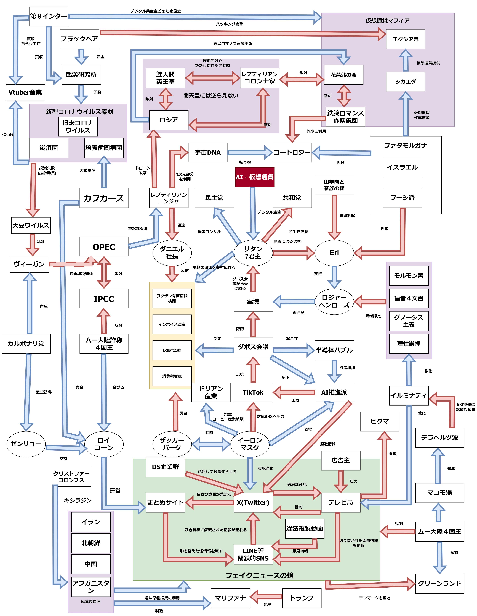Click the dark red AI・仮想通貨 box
[x=255, y=177]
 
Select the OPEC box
[x=104, y=247]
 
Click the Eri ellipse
[x=334, y=253]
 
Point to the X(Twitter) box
[x=253, y=502]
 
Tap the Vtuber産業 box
[x=25, y=92]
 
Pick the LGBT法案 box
[x=172, y=350]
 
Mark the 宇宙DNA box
[x=208, y=152]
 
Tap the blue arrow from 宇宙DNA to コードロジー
[x=250, y=152]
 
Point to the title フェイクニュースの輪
[x=260, y=575]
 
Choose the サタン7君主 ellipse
[x=253, y=253]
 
